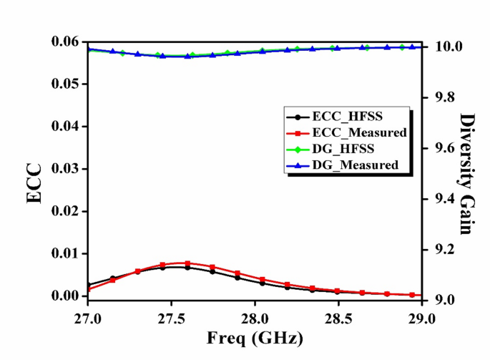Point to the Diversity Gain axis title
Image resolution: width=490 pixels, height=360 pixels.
(x=468, y=174)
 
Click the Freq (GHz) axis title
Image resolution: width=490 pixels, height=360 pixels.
(x=255, y=337)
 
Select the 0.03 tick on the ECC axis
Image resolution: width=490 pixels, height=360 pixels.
(x=67, y=169)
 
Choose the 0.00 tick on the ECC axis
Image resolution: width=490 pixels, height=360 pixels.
(x=67, y=296)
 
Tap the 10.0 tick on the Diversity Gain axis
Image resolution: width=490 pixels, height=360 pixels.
(x=441, y=47)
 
